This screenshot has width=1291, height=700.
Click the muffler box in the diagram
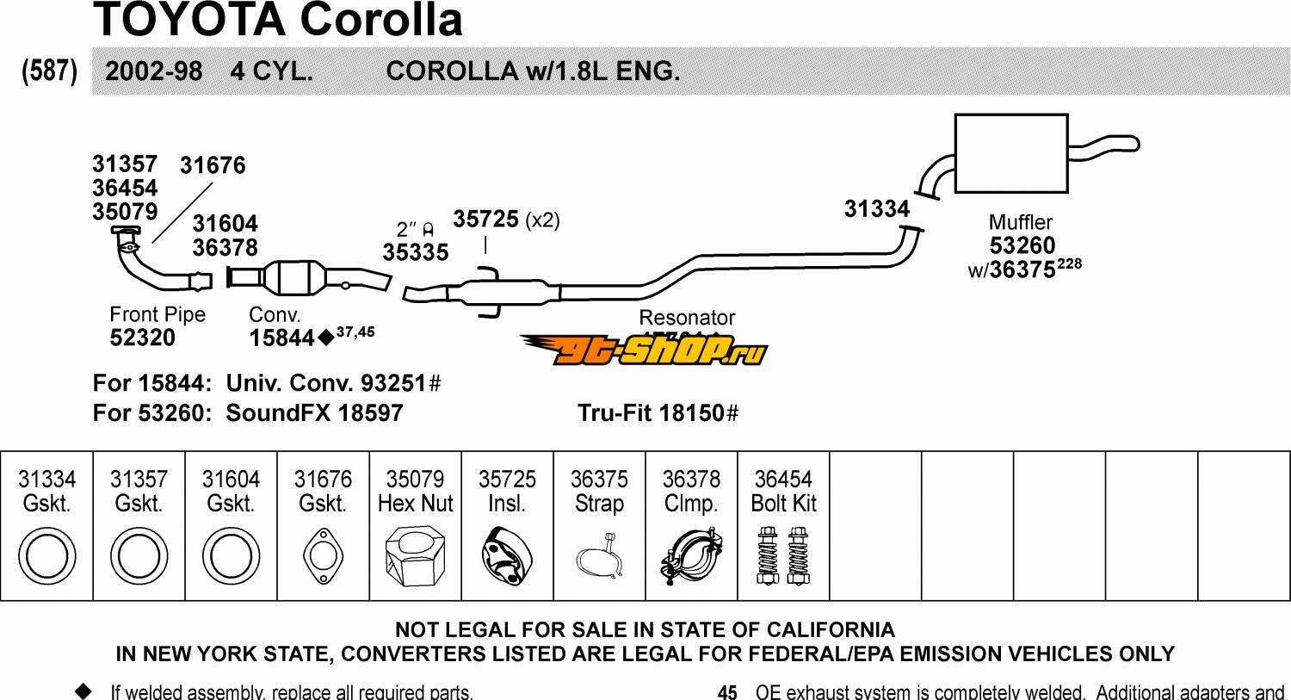click(1011, 154)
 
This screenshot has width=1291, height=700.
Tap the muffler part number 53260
click(1022, 246)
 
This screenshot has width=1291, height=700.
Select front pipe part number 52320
click(143, 338)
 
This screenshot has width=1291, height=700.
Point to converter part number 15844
click(281, 338)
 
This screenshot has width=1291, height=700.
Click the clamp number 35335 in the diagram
click(416, 252)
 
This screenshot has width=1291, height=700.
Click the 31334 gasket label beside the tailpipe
click(876, 209)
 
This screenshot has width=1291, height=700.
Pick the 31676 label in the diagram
click(213, 165)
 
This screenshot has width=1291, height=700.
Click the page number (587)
click(49, 71)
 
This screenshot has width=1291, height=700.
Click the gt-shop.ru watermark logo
click(643, 349)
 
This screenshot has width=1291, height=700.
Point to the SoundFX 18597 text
click(314, 413)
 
